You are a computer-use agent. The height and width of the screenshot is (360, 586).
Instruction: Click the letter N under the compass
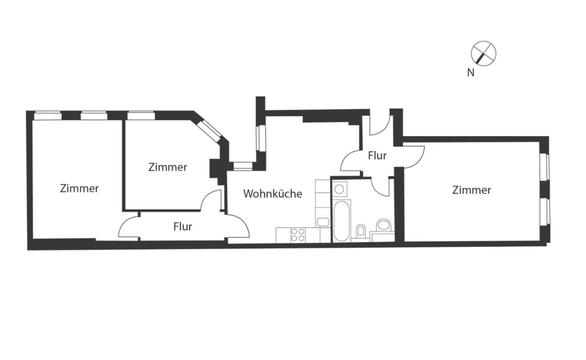click(470, 73)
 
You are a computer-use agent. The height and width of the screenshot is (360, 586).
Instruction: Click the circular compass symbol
click(484, 53)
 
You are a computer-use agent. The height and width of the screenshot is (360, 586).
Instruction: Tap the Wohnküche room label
click(272, 193)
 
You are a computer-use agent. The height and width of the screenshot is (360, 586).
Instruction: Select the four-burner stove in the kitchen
click(298, 235)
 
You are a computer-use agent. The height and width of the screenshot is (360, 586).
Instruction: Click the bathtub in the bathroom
click(342, 221)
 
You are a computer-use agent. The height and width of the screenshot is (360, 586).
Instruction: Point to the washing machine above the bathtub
click(339, 189)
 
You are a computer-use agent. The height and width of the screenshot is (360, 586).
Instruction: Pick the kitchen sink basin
click(323, 222)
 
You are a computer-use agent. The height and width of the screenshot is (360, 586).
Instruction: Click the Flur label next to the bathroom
click(377, 156)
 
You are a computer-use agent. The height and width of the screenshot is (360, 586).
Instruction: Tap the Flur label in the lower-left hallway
click(183, 227)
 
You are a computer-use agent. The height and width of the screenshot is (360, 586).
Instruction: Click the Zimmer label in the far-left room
click(79, 188)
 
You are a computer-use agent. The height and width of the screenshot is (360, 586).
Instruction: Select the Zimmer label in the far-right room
click(472, 190)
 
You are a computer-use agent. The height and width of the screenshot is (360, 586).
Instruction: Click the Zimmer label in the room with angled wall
click(168, 167)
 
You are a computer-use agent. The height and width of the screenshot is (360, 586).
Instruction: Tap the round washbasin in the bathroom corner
click(383, 226)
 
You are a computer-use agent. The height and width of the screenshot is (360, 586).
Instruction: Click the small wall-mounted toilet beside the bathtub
click(361, 230)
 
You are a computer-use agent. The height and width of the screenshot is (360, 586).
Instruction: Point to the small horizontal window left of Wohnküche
click(243, 167)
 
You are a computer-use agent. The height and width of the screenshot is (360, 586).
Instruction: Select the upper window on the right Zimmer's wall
click(545, 167)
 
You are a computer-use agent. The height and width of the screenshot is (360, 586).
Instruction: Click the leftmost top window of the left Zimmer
click(48, 116)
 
